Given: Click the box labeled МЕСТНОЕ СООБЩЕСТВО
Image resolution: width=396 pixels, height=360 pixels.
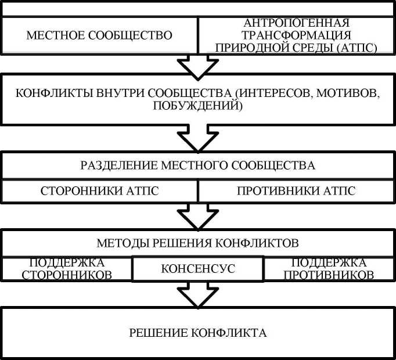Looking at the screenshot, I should [x=99, y=35].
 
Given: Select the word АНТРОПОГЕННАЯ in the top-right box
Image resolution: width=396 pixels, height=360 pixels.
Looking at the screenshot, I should [x=297, y=23].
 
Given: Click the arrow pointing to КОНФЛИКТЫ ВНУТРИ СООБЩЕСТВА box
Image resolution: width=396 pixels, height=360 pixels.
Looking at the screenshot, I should [x=197, y=65].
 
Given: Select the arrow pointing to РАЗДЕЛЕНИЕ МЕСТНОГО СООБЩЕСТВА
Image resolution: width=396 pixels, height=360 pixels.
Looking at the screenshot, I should [x=197, y=139].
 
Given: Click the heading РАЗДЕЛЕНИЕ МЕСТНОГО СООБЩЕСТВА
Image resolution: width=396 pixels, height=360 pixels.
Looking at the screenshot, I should [x=198, y=165].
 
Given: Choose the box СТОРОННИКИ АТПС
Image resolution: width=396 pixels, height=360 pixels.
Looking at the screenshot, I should [x=99, y=190].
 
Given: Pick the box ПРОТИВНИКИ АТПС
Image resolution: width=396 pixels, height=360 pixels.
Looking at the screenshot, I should [x=296, y=190].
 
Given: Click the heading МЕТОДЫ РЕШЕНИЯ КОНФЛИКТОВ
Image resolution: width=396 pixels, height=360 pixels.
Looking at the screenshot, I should [x=198, y=241].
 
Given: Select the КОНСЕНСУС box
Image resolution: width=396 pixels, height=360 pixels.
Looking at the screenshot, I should [x=198, y=269].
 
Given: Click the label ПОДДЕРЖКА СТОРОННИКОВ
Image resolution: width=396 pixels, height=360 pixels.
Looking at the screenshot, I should [x=67, y=268].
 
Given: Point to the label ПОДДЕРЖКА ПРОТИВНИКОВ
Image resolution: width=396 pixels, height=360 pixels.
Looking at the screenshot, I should [x=329, y=268].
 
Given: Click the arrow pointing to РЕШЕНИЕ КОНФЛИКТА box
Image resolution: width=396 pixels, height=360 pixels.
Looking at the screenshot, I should [x=197, y=293].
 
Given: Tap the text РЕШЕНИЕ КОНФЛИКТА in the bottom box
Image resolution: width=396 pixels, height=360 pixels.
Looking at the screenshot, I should [x=198, y=333].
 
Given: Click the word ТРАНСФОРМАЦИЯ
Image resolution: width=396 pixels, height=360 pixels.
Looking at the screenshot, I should [x=297, y=35].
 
